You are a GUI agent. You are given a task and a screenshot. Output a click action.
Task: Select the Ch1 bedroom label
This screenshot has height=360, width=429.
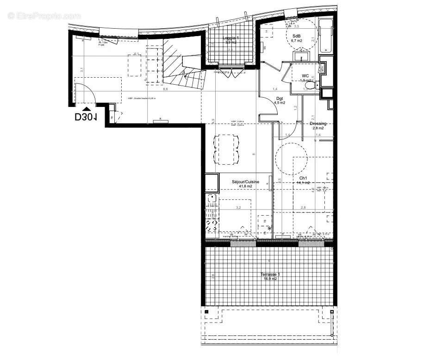click(303, 178)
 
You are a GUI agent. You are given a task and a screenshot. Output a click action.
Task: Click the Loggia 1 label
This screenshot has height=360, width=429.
click(231, 37)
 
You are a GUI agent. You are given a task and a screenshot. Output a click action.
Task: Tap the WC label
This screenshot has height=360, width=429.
click(305, 75)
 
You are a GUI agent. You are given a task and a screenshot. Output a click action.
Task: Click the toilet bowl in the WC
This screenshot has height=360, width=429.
click(311, 85)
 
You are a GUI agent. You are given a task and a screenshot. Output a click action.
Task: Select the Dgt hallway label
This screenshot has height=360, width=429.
click(280, 99)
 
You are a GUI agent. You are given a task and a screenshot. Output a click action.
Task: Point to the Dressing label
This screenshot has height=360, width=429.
click(318, 124)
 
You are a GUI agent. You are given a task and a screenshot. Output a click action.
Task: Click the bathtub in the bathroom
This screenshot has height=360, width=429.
click(327, 36)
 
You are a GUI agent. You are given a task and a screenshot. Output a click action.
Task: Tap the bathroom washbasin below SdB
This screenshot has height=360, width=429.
click(301, 56)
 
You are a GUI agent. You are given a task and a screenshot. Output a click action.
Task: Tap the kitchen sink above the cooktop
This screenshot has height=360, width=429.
click(211, 200)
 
